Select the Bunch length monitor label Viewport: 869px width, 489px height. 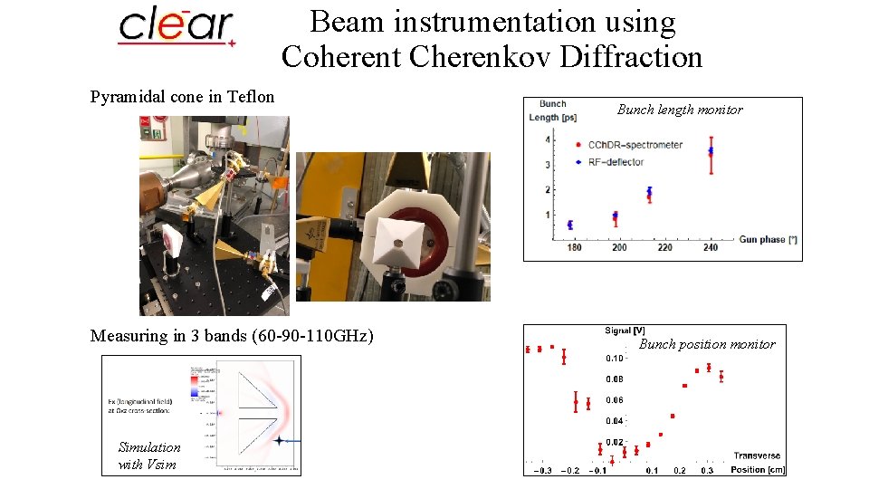tap(679, 110)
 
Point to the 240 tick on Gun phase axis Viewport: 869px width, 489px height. tap(710, 247)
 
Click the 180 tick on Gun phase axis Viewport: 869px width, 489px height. tap(574, 247)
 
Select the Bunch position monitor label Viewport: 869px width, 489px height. tap(707, 344)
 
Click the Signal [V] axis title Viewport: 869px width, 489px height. tap(625, 331)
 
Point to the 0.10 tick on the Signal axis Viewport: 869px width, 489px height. tap(616, 358)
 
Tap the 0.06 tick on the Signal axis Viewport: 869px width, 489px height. tap(616, 399)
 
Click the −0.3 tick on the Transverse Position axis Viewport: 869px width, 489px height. tap(542, 471)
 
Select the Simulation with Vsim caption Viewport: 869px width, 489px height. tap(149, 455)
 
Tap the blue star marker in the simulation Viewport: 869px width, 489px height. tap(281, 441)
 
